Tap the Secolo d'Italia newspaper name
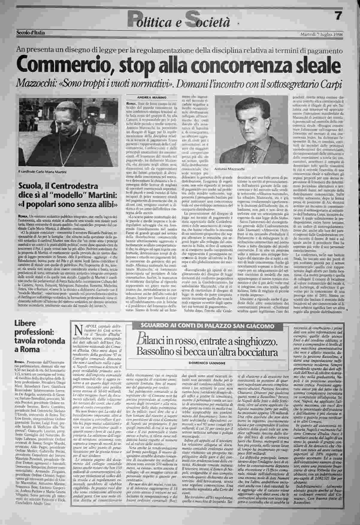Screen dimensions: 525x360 click(31, 33)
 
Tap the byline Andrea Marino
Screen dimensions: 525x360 click(147, 97)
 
